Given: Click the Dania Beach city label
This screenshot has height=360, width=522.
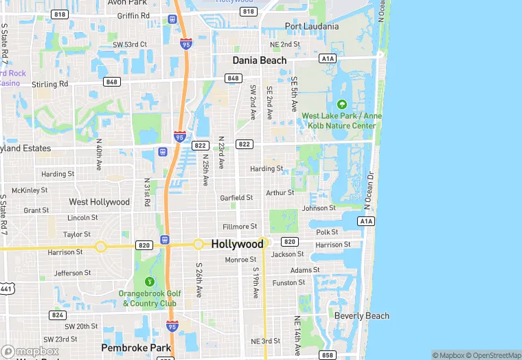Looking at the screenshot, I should click(x=260, y=60).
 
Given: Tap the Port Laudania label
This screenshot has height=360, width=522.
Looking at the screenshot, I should click(x=312, y=27).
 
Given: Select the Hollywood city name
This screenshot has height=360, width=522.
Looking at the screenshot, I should click(x=237, y=244).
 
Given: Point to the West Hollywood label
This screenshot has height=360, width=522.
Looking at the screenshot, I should click(x=99, y=202).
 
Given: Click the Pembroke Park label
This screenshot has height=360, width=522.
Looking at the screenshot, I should click(x=136, y=348).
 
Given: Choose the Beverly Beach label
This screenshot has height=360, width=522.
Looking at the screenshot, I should click(x=361, y=316).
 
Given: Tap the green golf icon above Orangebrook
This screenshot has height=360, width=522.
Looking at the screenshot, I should click(x=150, y=282).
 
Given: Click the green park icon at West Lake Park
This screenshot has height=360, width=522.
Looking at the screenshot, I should click(x=342, y=104).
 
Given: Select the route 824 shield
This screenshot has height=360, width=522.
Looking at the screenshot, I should click(x=58, y=315).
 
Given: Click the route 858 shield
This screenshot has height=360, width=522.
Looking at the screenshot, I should click(x=328, y=355).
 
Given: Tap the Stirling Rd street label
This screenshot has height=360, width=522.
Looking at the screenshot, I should click(x=50, y=85).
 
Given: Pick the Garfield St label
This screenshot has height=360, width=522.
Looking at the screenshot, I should click(x=236, y=198).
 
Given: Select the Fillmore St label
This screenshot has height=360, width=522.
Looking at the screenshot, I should click(x=240, y=226).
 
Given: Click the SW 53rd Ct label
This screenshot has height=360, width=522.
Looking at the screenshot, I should click(x=130, y=45).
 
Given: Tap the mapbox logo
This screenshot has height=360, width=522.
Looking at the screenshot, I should click(x=30, y=350).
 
